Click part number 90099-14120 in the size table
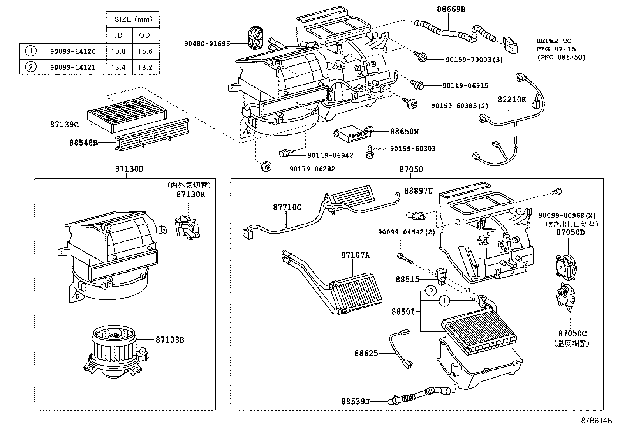pyautogui.click(x=73, y=51)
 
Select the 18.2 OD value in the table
pyautogui.click(x=145, y=67)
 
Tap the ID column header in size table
pyautogui.click(x=119, y=35)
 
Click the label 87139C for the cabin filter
pyautogui.click(x=65, y=125)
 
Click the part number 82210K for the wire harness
pyautogui.click(x=512, y=100)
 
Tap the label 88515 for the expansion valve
pyautogui.click(x=407, y=279)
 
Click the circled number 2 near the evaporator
pyautogui.click(x=430, y=291)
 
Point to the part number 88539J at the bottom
pyautogui.click(x=355, y=400)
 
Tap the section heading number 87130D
pyautogui.click(x=129, y=169)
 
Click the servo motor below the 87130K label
pyautogui.click(x=187, y=228)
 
